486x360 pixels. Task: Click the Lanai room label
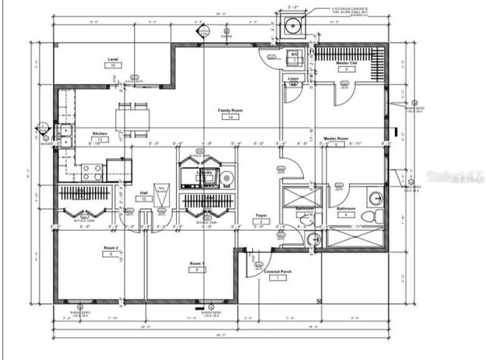(x=113, y=58)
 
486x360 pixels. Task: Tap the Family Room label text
(x=231, y=111)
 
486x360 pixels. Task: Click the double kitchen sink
(x=66, y=134)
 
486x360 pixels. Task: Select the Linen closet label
(x=293, y=78)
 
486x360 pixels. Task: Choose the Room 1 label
(x=197, y=263)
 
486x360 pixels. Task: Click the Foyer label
(x=260, y=214)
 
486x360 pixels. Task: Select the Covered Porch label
(x=277, y=272)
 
